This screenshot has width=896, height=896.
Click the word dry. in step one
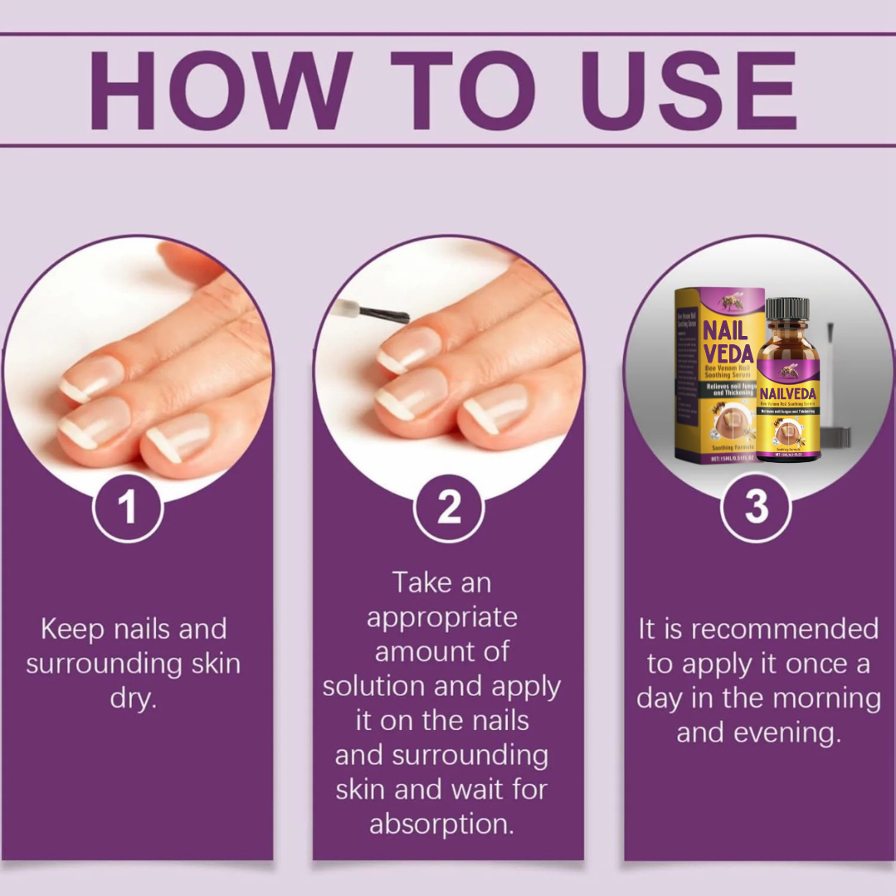pos(133,699)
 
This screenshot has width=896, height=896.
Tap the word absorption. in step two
pos(441,825)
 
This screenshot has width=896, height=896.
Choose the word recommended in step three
pos(784,629)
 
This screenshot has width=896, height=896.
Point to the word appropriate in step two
pos(441,617)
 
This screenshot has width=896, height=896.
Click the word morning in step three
pos(825,699)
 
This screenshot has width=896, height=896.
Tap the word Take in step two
pos(421,582)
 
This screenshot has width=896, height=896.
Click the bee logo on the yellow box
pos(733,302)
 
